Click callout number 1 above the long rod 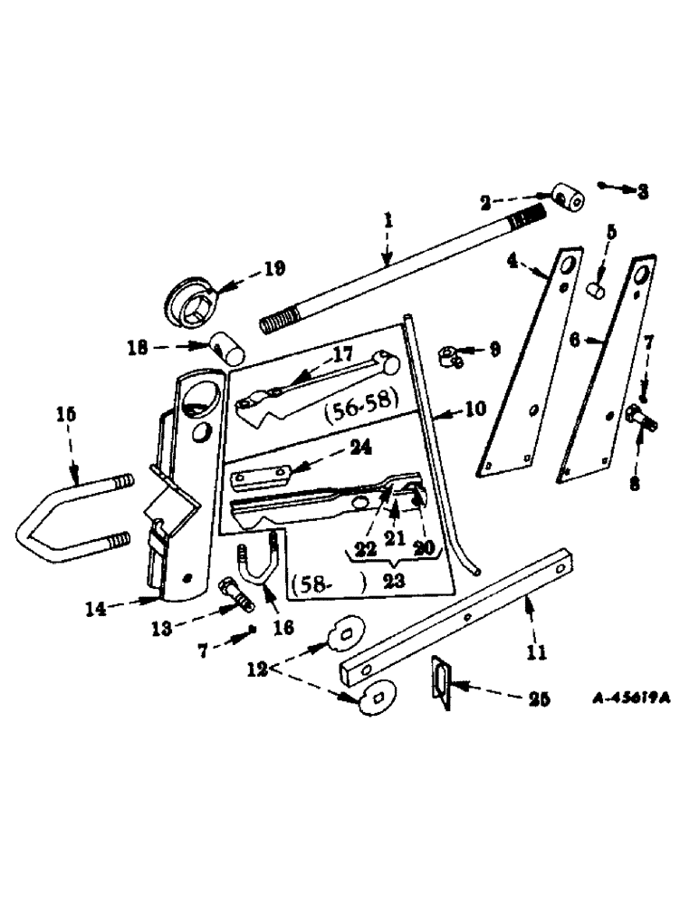click(x=387, y=220)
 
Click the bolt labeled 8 click(x=640, y=419)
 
